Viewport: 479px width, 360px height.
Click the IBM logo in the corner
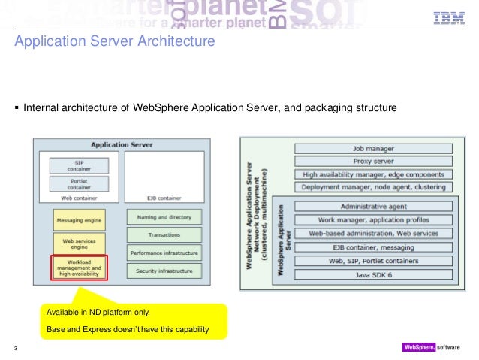449,19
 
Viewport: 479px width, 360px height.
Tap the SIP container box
78,165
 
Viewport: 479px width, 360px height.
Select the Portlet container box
78,183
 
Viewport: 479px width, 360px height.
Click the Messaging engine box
78,219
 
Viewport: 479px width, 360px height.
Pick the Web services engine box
78,243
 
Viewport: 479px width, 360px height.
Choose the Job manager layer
373,149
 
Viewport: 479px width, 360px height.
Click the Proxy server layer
373,161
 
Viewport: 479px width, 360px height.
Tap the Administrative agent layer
373,206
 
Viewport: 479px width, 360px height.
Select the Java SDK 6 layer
373,274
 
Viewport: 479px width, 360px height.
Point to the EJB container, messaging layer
373,247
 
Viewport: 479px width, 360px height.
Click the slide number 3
16,347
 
